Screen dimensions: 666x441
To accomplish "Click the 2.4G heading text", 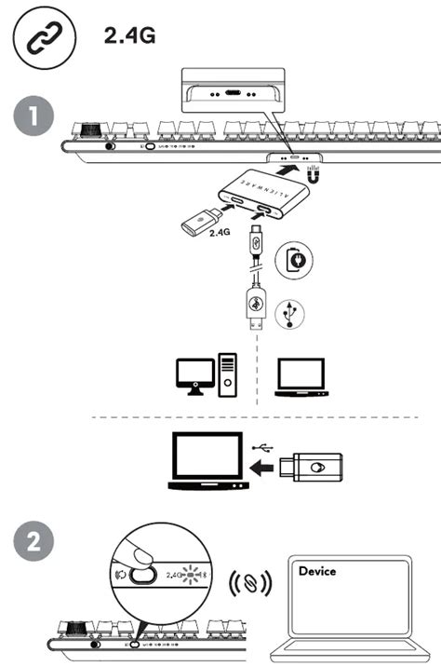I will [128, 35].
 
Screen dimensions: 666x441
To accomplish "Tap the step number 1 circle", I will [34, 119].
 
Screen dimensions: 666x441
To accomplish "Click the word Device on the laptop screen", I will [316, 570].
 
